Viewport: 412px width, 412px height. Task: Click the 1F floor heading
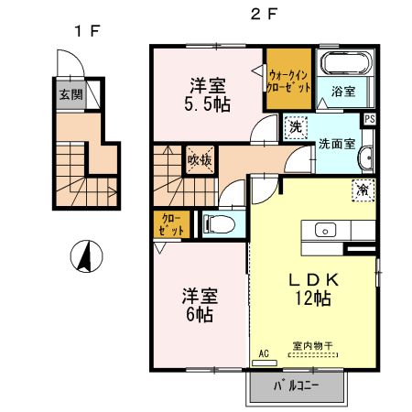point(87,30)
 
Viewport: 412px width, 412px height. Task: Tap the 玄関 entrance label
point(70,93)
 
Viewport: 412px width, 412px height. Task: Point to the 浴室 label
point(344,92)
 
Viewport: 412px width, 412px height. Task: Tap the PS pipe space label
point(370,119)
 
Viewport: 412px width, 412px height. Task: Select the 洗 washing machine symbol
point(296,128)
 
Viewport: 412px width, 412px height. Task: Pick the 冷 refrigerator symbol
point(363,190)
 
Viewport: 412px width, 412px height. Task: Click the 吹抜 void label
point(201,159)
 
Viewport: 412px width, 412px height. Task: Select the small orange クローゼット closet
point(170,224)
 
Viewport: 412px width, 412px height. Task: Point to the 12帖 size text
point(312,297)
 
